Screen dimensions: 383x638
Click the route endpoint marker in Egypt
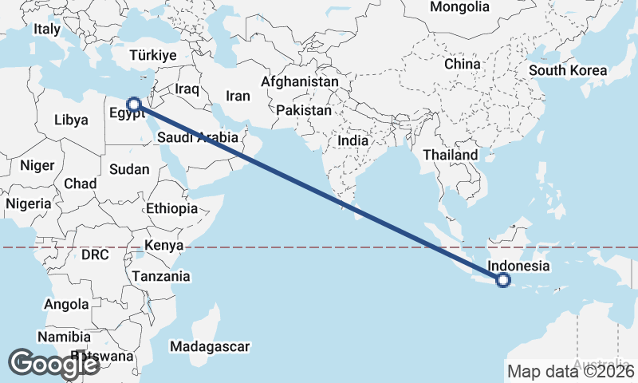[x=134, y=104]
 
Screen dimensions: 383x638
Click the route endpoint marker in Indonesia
[x=503, y=280]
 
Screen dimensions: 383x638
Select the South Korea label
[x=568, y=70]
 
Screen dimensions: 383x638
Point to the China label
[x=463, y=64]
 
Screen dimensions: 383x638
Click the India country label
[x=352, y=140]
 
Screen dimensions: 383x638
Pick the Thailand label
[x=451, y=155]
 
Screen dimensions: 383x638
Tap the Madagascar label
[x=211, y=346]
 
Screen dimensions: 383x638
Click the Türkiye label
[x=153, y=56]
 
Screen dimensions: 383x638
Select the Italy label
[x=47, y=30]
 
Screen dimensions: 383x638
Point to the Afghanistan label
[x=300, y=82]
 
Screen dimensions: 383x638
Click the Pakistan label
[x=304, y=111]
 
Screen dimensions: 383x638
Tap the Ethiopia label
[x=171, y=208]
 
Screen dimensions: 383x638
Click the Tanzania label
[x=162, y=276]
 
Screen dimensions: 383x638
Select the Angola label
[x=67, y=304]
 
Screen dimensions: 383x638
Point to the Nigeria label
[x=28, y=203]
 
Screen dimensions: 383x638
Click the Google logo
[x=53, y=364]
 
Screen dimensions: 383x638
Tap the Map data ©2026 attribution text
[x=570, y=371]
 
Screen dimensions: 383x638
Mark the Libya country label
[x=71, y=120]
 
